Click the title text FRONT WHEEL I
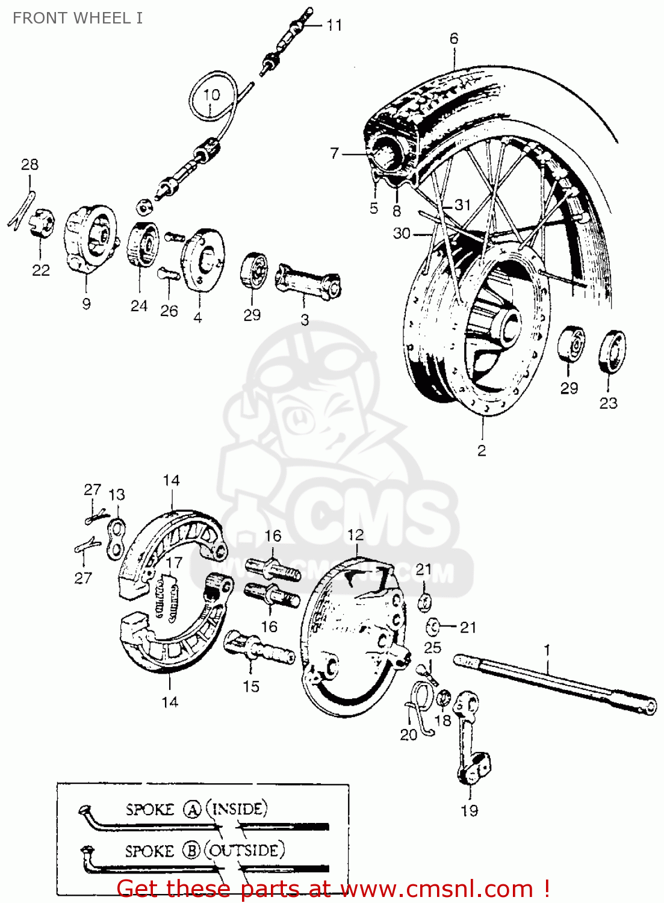78,18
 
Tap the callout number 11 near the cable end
334,25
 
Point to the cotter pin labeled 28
23,208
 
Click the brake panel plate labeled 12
349,638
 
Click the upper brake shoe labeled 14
172,542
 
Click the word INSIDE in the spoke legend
238,808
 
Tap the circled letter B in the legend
192,851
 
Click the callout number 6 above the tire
454,39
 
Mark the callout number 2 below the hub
482,450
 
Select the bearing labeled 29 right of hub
570,344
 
